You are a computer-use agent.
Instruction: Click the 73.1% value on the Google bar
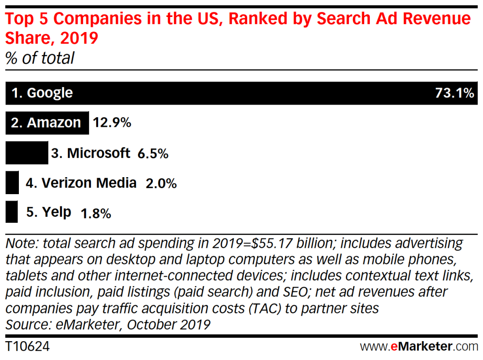pos(454,93)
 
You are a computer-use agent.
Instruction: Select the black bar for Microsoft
pos(26,153)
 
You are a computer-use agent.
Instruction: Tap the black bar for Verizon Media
pos(12,183)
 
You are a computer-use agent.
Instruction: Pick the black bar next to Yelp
pos(11,212)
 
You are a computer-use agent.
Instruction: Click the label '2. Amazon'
pos(46,123)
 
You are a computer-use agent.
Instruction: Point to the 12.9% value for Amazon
pos(112,123)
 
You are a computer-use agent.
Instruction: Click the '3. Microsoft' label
pos(91,153)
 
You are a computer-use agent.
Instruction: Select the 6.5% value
pos(153,154)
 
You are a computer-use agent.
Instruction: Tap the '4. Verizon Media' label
pos(81,183)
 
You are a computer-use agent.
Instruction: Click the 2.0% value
pos(161,183)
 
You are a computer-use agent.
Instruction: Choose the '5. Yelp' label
pos(49,212)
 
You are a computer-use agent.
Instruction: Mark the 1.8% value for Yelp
pos(96,213)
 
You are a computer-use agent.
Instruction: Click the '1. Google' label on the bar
pos(42,93)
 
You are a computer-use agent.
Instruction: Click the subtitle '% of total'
pos(40,58)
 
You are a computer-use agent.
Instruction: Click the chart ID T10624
pos(27,347)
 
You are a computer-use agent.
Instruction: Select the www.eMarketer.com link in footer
pos(419,347)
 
